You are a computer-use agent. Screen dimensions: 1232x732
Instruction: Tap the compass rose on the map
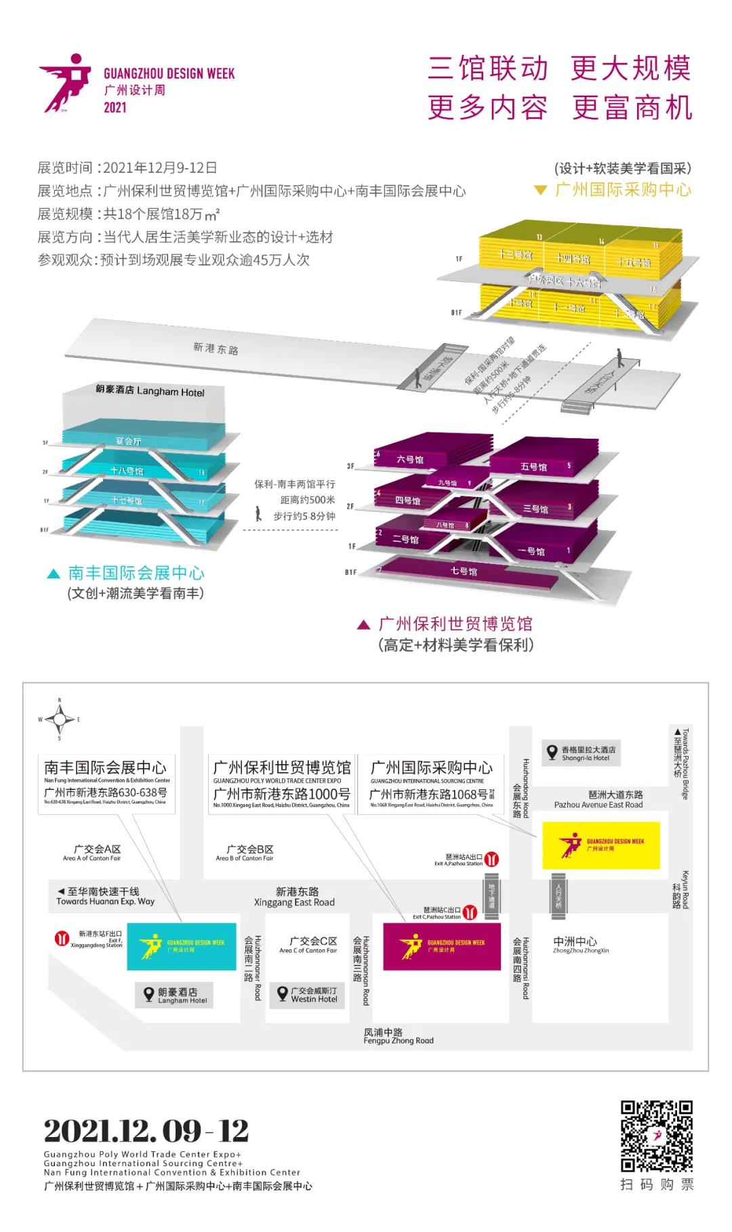point(60,719)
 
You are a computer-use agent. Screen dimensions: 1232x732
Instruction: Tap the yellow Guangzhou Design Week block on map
point(601,845)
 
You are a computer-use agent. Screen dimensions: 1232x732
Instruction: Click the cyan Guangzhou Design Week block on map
point(182,947)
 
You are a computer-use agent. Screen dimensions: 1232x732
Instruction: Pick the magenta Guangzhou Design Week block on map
point(442,946)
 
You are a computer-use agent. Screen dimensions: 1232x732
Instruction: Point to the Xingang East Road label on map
point(295,897)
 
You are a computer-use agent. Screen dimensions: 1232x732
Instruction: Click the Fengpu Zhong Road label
point(398,1036)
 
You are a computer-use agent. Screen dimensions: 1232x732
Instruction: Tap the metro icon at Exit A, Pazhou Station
point(493,860)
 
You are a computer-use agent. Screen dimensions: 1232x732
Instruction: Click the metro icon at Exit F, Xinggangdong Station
point(62,939)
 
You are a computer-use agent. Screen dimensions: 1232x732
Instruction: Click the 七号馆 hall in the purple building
point(464,571)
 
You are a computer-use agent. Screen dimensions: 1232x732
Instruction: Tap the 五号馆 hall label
point(533,466)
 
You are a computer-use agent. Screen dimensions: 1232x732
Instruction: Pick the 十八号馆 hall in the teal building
point(127,471)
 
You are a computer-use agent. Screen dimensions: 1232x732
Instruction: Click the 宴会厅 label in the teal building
point(128,441)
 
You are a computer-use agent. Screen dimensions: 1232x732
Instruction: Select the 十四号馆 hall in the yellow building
point(573,258)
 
